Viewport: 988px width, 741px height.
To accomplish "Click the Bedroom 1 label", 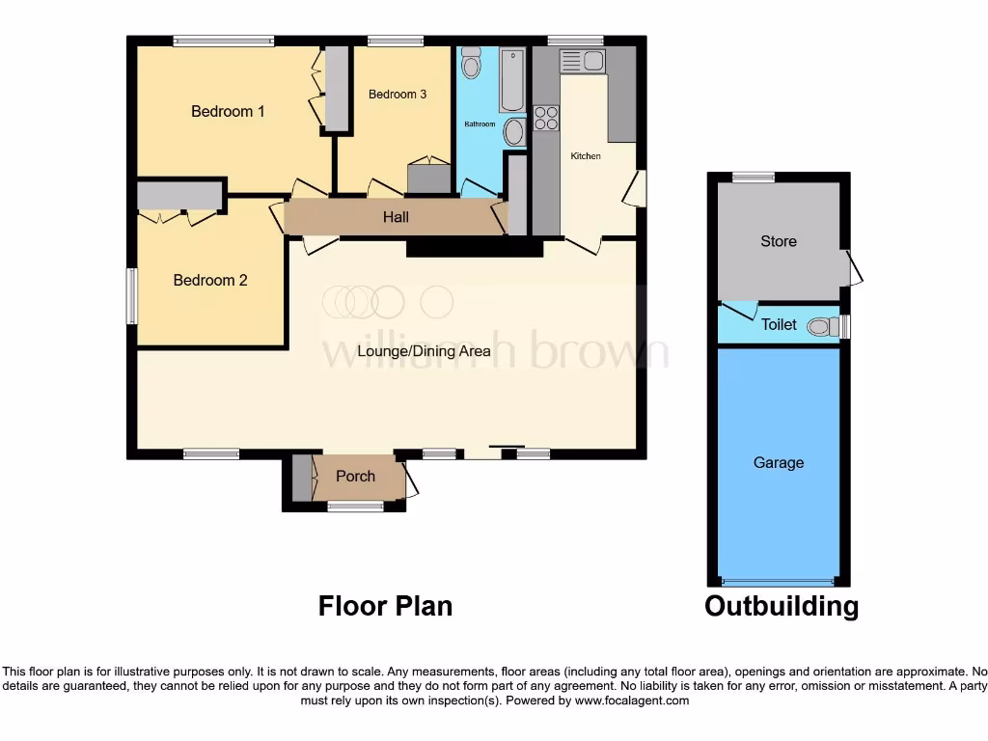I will (228, 112).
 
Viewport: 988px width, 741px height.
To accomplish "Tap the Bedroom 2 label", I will (210, 281).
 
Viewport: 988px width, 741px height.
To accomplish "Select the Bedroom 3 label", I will (397, 95).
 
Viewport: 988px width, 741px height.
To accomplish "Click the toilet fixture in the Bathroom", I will (471, 64).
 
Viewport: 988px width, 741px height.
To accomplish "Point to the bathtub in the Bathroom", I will (511, 80).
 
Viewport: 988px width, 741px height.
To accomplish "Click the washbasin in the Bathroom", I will (514, 132).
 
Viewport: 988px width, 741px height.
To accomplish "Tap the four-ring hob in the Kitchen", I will (546, 118).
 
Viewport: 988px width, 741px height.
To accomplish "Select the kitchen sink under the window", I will (582, 61).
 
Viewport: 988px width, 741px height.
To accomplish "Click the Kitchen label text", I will (586, 156).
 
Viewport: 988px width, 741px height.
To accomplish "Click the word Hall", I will (396, 217).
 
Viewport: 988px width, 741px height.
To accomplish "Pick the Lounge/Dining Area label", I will (424, 351).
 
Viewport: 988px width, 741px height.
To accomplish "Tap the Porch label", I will (355, 477).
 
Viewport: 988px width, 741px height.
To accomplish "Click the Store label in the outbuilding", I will (778, 241).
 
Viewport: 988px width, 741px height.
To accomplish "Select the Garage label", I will (778, 463).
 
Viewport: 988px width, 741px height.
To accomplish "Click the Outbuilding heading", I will (781, 607).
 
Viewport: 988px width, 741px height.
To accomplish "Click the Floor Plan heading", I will (385, 606).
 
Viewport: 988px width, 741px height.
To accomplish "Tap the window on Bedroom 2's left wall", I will (132, 295).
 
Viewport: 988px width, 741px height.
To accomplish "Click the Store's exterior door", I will (853, 268).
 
